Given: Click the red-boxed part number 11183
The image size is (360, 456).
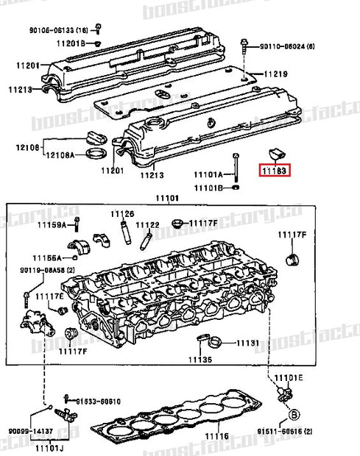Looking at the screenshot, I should pos(274,171).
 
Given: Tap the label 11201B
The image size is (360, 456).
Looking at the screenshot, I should pos(72,43).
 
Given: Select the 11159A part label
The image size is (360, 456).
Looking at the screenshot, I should pos(53,224).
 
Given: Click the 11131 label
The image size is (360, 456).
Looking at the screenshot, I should pos(247,343).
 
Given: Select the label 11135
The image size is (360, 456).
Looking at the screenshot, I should pos(200,360).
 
